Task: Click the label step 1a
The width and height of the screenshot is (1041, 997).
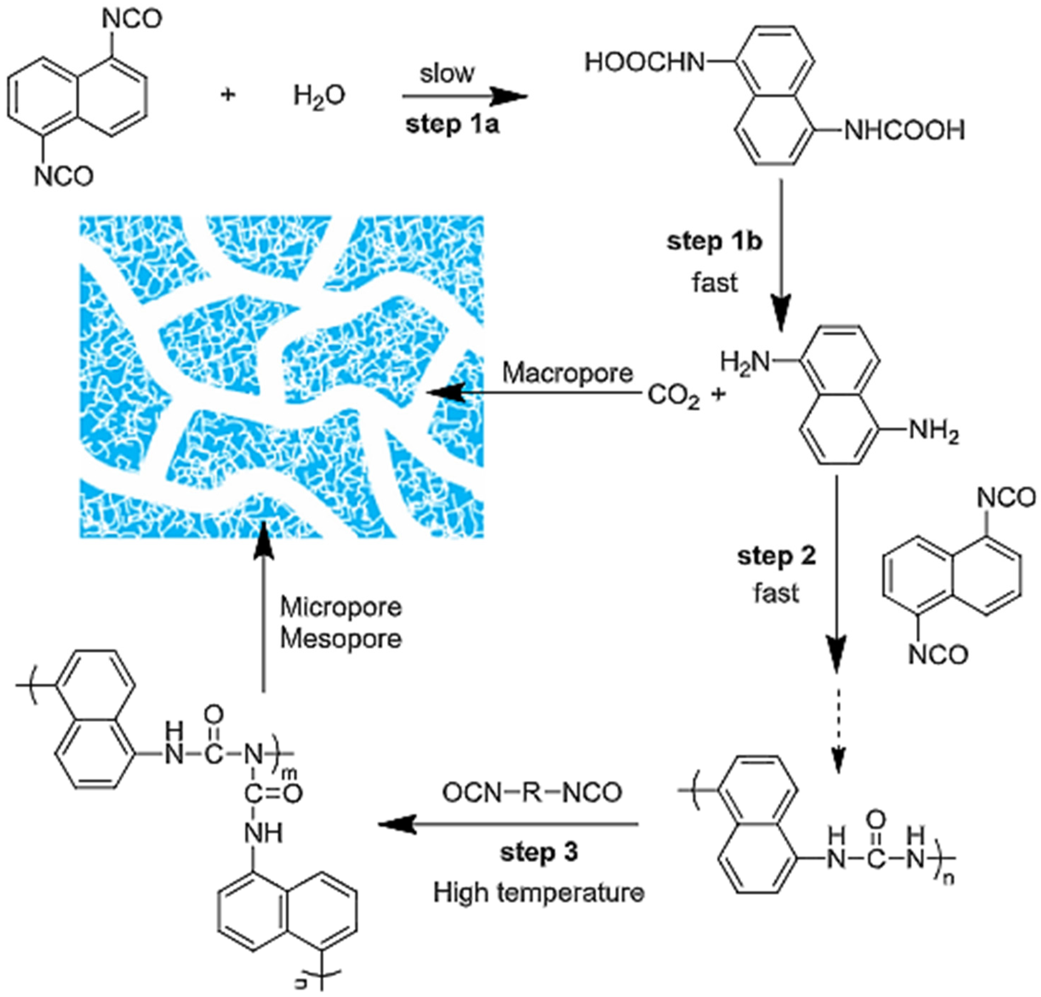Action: point(452,125)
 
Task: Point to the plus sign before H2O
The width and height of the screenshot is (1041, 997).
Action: point(228,96)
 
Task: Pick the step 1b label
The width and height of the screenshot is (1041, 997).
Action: point(715,242)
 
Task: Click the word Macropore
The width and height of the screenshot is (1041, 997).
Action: point(567,373)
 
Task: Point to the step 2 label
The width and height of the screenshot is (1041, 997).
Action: point(776,556)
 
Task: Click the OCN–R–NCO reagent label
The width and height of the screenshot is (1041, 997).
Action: point(532,793)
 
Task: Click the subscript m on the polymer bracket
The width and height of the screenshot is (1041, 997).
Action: point(292,774)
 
